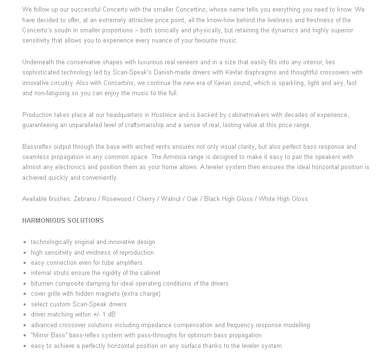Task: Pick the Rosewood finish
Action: pyautogui.click(x=116, y=199)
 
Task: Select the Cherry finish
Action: pyautogui.click(x=146, y=199)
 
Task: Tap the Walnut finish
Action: pyautogui.click(x=171, y=199)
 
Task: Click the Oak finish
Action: pyautogui.click(x=192, y=199)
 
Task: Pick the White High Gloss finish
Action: pyautogui.click(x=283, y=199)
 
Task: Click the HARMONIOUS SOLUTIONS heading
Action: pyautogui.click(x=63, y=220)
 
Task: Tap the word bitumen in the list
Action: pyautogui.click(x=42, y=284)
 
